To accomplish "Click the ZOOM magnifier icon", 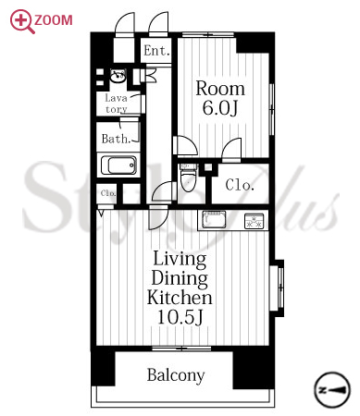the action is pos(21,20).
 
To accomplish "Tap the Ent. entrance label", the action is pos(157,51).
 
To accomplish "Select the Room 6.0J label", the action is pos(220,98).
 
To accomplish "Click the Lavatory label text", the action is pos(116,104).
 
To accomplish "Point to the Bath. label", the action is pos(116,139).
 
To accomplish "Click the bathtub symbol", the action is pos(118,165).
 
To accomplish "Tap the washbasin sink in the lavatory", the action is pos(118,76).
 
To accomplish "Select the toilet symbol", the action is pos(189,177).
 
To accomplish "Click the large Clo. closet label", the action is pos(240,185).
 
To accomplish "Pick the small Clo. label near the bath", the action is pos(108,193).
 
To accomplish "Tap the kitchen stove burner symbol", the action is pos(254,221).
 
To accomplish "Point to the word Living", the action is pos(180,260).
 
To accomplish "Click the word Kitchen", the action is pos(180,298).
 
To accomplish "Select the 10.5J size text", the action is pos(180,316).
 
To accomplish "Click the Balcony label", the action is pos(176,375).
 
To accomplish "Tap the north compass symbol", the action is pos(332,389).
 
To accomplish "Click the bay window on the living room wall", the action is pos(278,288).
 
